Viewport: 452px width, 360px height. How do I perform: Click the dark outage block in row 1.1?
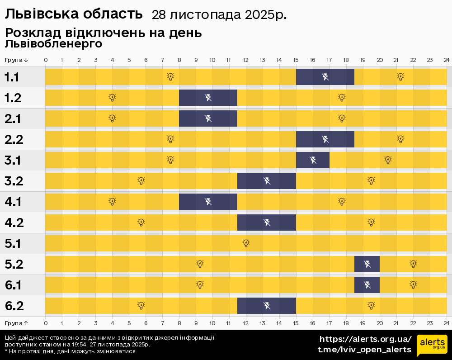pos(325,77)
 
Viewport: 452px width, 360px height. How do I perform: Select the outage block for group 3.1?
pos(313,160)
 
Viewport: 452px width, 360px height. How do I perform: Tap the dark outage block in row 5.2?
pos(367,264)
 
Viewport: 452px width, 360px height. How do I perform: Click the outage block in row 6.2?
pos(267,305)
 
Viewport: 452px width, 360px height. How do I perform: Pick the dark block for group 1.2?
pos(208,98)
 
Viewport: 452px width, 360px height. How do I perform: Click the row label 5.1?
pos(13,244)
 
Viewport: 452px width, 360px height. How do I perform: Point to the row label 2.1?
pos(13,119)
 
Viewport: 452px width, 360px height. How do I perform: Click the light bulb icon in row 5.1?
pos(246,243)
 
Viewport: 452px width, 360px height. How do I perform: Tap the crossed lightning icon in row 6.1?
pos(367,284)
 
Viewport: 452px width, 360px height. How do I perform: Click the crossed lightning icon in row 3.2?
pos(267,181)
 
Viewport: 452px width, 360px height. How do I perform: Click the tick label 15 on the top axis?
pos(296,60)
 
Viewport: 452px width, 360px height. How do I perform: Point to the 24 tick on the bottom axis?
pos(446,323)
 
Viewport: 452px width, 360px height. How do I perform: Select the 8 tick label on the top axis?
pos(179,60)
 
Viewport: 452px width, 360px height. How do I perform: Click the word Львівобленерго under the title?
pos(54,44)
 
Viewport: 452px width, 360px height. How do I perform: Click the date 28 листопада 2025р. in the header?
pos(219,15)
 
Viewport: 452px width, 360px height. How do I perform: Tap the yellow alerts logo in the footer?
pos(432,346)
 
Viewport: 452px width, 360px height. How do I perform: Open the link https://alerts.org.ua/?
pos(365,339)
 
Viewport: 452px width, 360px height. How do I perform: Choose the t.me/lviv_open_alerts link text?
pos(364,350)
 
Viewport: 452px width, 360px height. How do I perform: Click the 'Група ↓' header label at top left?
pos(16,60)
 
